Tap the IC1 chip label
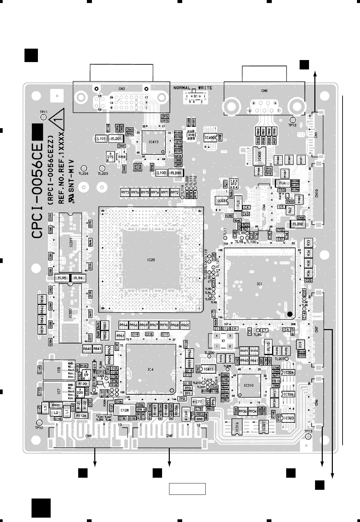[259, 284]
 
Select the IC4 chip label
[150, 369]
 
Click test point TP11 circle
[43, 117]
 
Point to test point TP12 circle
[293, 120]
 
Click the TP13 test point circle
[308, 436]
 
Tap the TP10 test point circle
[39, 423]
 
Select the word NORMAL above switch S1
[182, 88]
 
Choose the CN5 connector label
[264, 90]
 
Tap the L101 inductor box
[101, 138]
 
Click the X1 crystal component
[223, 341]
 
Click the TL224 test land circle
[84, 168]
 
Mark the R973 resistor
[125, 193]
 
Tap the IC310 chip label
[249, 385]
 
